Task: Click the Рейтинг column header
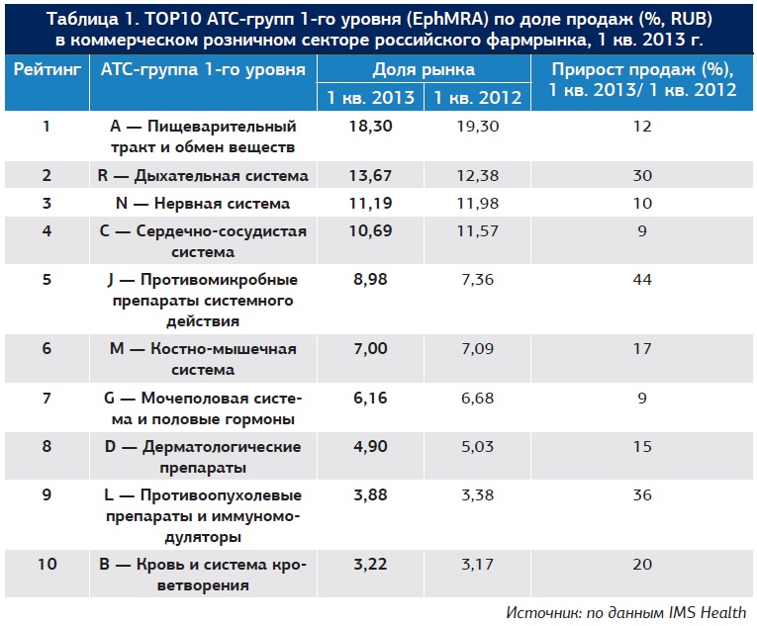point(46,69)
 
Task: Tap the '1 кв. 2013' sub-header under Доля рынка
point(370,97)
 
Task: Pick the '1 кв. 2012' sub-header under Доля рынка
point(473,97)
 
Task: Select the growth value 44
point(642,280)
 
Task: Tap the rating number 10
point(46,565)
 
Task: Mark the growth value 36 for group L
point(642,495)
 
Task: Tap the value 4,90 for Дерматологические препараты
point(370,447)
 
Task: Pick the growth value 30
point(642,176)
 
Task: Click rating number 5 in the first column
point(46,280)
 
